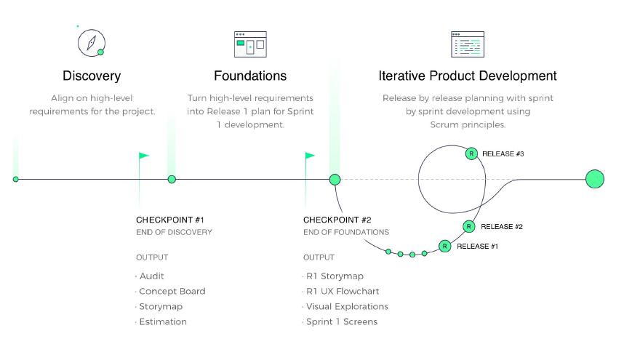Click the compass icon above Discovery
pyautogui.click(x=92, y=43)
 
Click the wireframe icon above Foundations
pyautogui.click(x=249, y=44)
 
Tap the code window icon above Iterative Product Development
pyautogui.click(x=467, y=44)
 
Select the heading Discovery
pyautogui.click(x=92, y=76)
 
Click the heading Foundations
pyautogui.click(x=250, y=76)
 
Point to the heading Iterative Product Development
pyautogui.click(x=468, y=76)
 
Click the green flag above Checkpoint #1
pyautogui.click(x=143, y=156)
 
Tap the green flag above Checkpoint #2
pyautogui.click(x=310, y=156)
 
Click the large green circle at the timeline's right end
pyautogui.click(x=595, y=179)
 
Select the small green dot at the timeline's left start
pyautogui.click(x=16, y=179)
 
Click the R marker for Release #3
pyautogui.click(x=471, y=153)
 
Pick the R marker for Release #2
pyautogui.click(x=469, y=227)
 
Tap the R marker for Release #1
pyautogui.click(x=444, y=247)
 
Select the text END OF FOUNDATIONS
pyautogui.click(x=346, y=232)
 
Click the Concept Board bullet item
pyautogui.click(x=172, y=291)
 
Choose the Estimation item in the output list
pyautogui.click(x=163, y=321)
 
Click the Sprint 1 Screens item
pyautogui.click(x=342, y=321)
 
